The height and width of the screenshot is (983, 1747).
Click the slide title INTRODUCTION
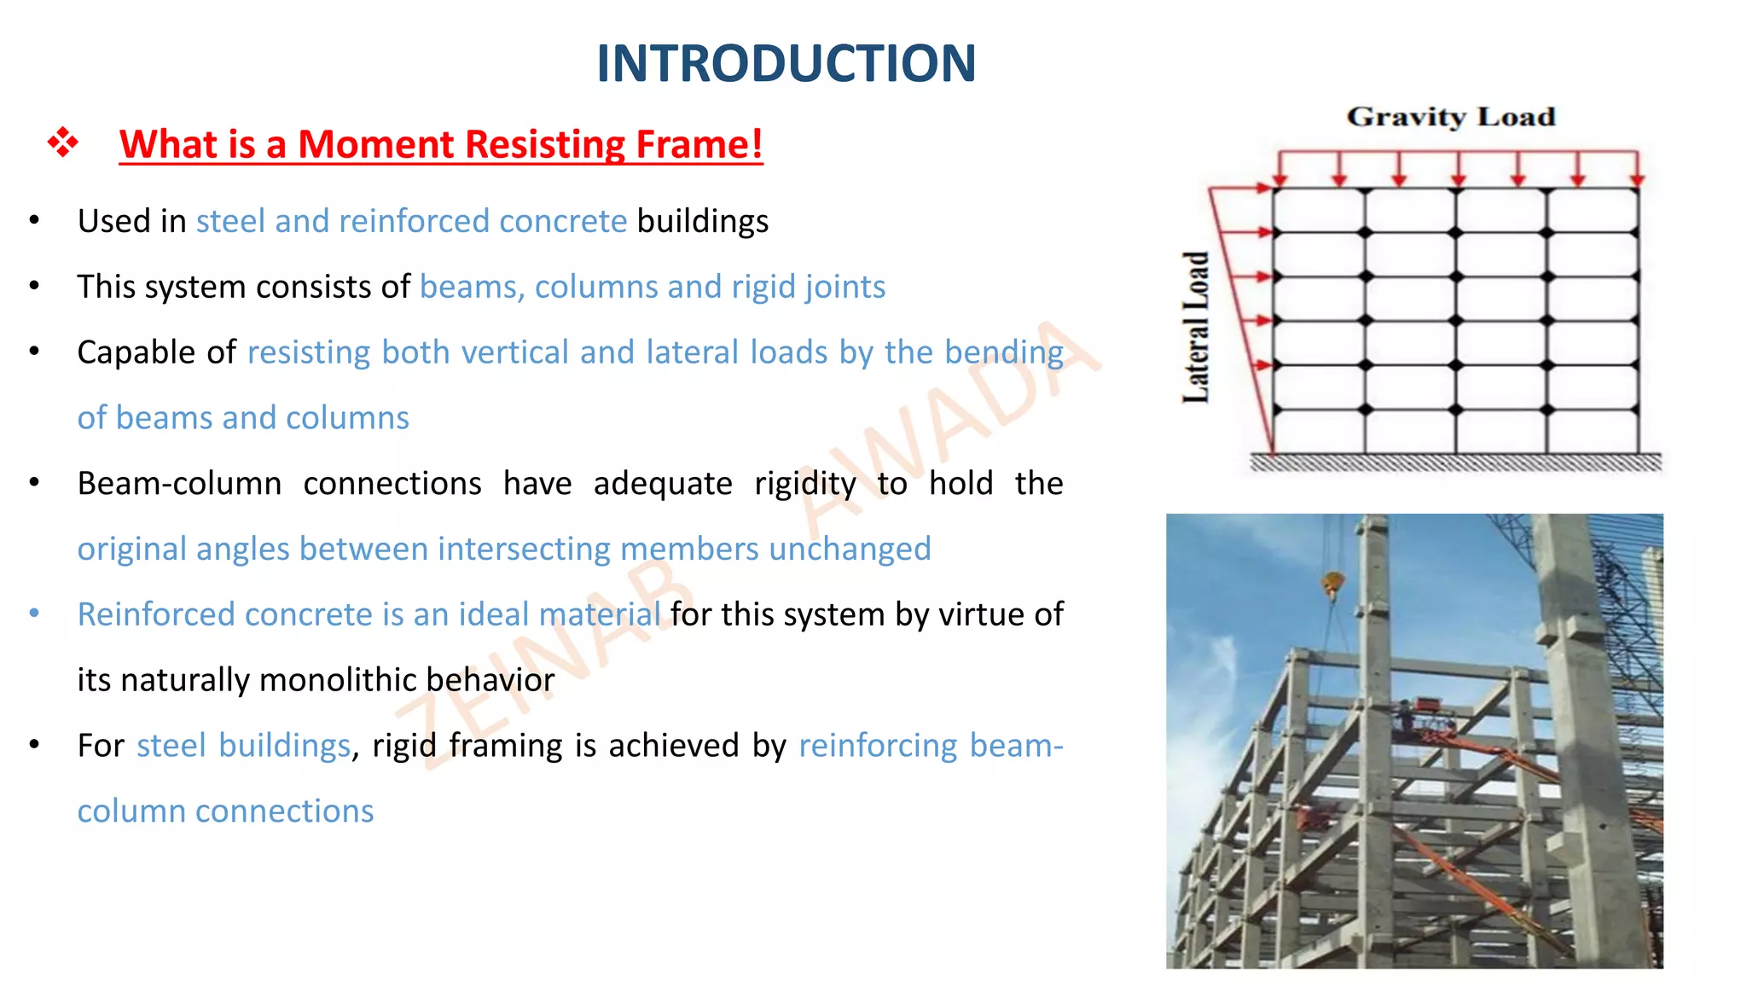coord(786,63)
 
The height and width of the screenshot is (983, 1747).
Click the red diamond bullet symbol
coord(63,142)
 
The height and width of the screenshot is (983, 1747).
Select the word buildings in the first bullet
coord(702,221)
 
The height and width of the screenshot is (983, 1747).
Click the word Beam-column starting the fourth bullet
coord(179,484)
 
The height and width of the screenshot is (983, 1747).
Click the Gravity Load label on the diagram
coord(1450,117)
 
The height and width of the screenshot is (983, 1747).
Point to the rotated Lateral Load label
coord(1196,328)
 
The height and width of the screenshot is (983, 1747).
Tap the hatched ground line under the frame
coord(1454,462)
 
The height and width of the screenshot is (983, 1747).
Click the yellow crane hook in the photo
coord(1332,586)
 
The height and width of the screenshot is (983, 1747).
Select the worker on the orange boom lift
coord(1403,715)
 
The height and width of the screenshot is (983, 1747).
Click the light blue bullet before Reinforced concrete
coord(34,614)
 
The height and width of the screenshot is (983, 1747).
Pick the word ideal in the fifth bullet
coord(494,614)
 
